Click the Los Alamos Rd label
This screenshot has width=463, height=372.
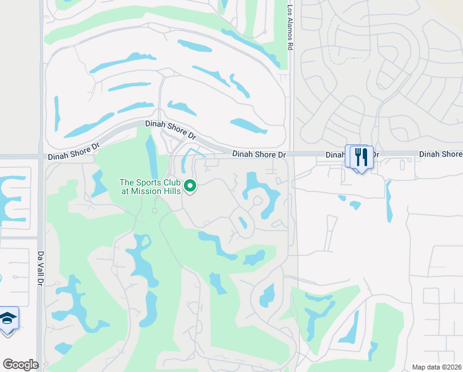coord(289,28)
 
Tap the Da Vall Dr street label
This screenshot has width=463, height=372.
coord(40,268)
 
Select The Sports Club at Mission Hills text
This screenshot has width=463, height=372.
coord(150,186)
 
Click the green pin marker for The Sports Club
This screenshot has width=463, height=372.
coord(191,185)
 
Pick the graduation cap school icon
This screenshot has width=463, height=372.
coord(7,319)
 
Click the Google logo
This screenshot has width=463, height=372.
coord(20,365)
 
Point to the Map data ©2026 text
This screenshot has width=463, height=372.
coord(437,367)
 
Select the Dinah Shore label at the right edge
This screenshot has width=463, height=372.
coord(440,154)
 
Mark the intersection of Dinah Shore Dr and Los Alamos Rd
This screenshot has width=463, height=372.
coord(291,154)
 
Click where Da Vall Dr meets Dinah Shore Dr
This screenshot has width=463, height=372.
coord(40,156)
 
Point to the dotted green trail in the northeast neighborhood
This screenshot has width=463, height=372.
coord(337,43)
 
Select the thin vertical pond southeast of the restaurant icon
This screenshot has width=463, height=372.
coord(389,201)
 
